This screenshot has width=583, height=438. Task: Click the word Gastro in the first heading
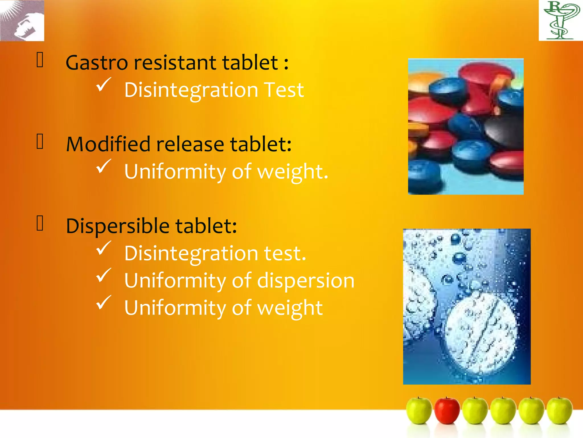click(x=97, y=63)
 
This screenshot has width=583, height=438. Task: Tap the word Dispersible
click(x=118, y=226)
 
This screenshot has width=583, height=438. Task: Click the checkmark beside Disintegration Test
click(x=103, y=85)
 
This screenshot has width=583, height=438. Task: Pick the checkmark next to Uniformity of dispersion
click(x=103, y=275)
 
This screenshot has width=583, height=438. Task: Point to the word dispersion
click(x=306, y=281)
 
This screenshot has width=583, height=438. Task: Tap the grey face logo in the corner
click(x=22, y=21)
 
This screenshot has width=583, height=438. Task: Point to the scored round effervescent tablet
click(x=481, y=332)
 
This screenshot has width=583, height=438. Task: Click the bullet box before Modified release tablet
click(x=40, y=142)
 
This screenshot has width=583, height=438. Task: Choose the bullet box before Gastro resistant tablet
click(x=40, y=60)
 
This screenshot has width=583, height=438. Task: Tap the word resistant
click(x=175, y=63)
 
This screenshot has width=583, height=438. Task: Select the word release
click(x=190, y=144)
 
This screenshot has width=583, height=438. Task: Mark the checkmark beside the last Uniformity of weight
click(x=103, y=303)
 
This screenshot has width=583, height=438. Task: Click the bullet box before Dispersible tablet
click(x=40, y=223)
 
